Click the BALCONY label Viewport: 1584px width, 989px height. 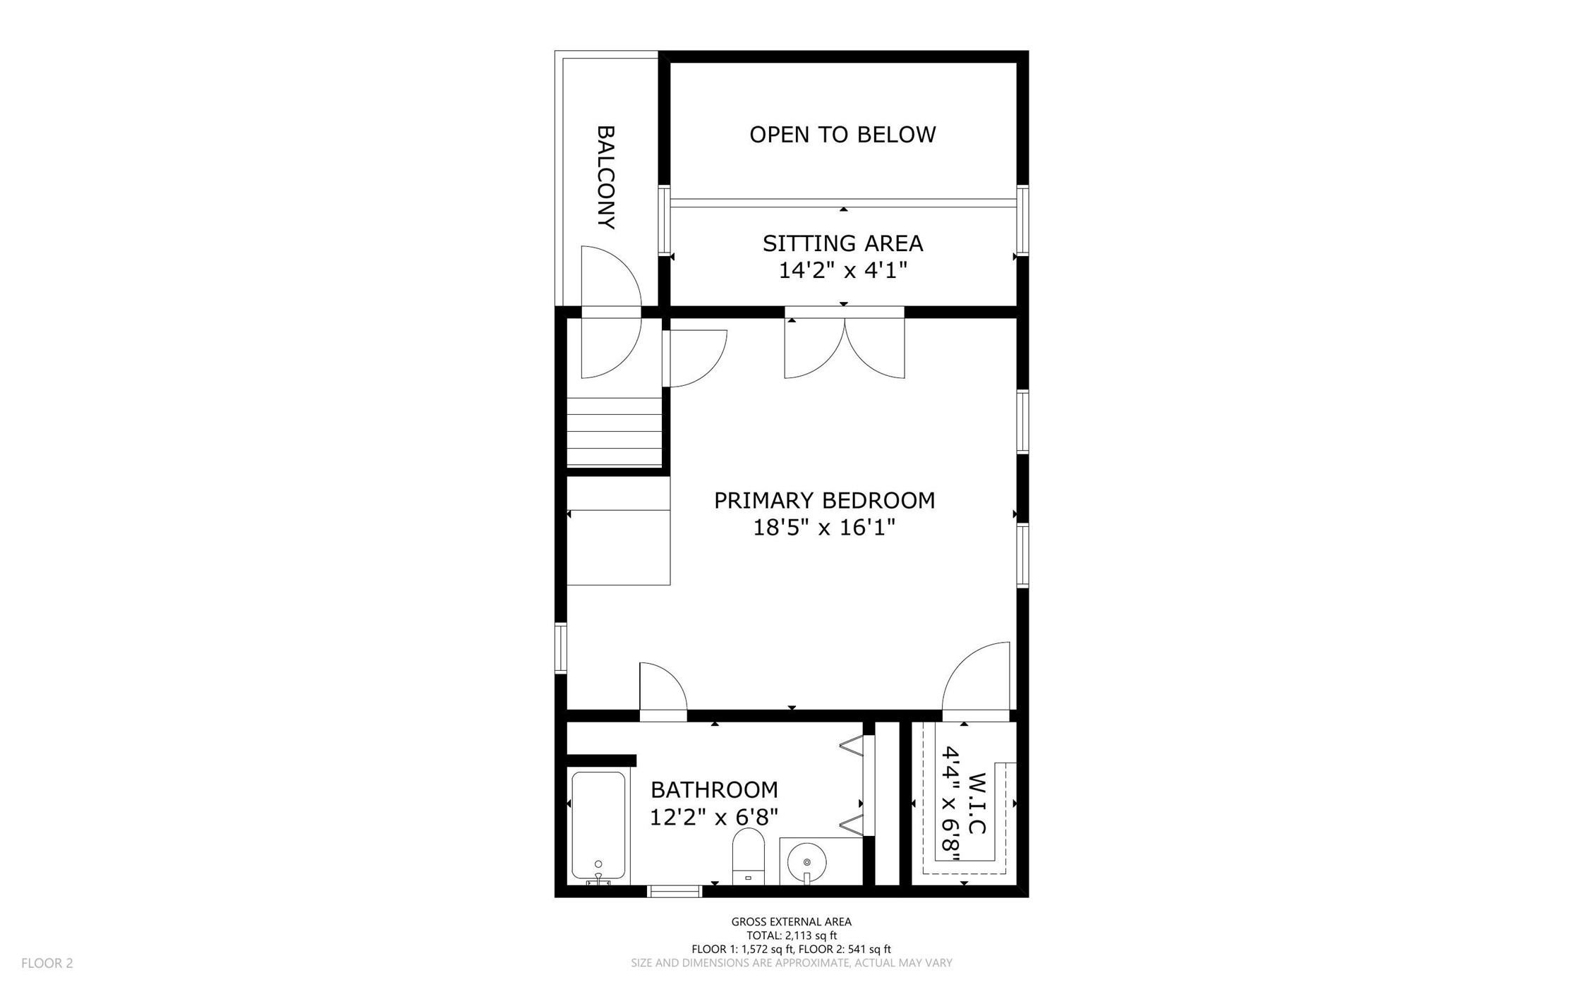coord(606,177)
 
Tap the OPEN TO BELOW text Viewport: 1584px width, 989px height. coord(842,135)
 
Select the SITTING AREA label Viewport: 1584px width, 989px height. coord(842,243)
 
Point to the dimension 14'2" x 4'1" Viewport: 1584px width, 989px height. coord(842,270)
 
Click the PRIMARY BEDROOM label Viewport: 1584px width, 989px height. coord(824,501)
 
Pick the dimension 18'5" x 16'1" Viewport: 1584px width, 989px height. coord(824,528)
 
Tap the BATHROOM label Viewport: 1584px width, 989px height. coord(714,789)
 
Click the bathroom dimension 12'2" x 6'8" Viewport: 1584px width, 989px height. coord(714,817)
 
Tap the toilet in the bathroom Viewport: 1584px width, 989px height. coord(748,856)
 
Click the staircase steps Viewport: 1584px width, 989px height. coord(615,431)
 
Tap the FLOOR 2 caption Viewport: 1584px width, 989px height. coord(47,963)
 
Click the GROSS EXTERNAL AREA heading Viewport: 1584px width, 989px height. coord(791,921)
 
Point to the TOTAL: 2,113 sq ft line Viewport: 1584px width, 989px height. coord(792,935)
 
